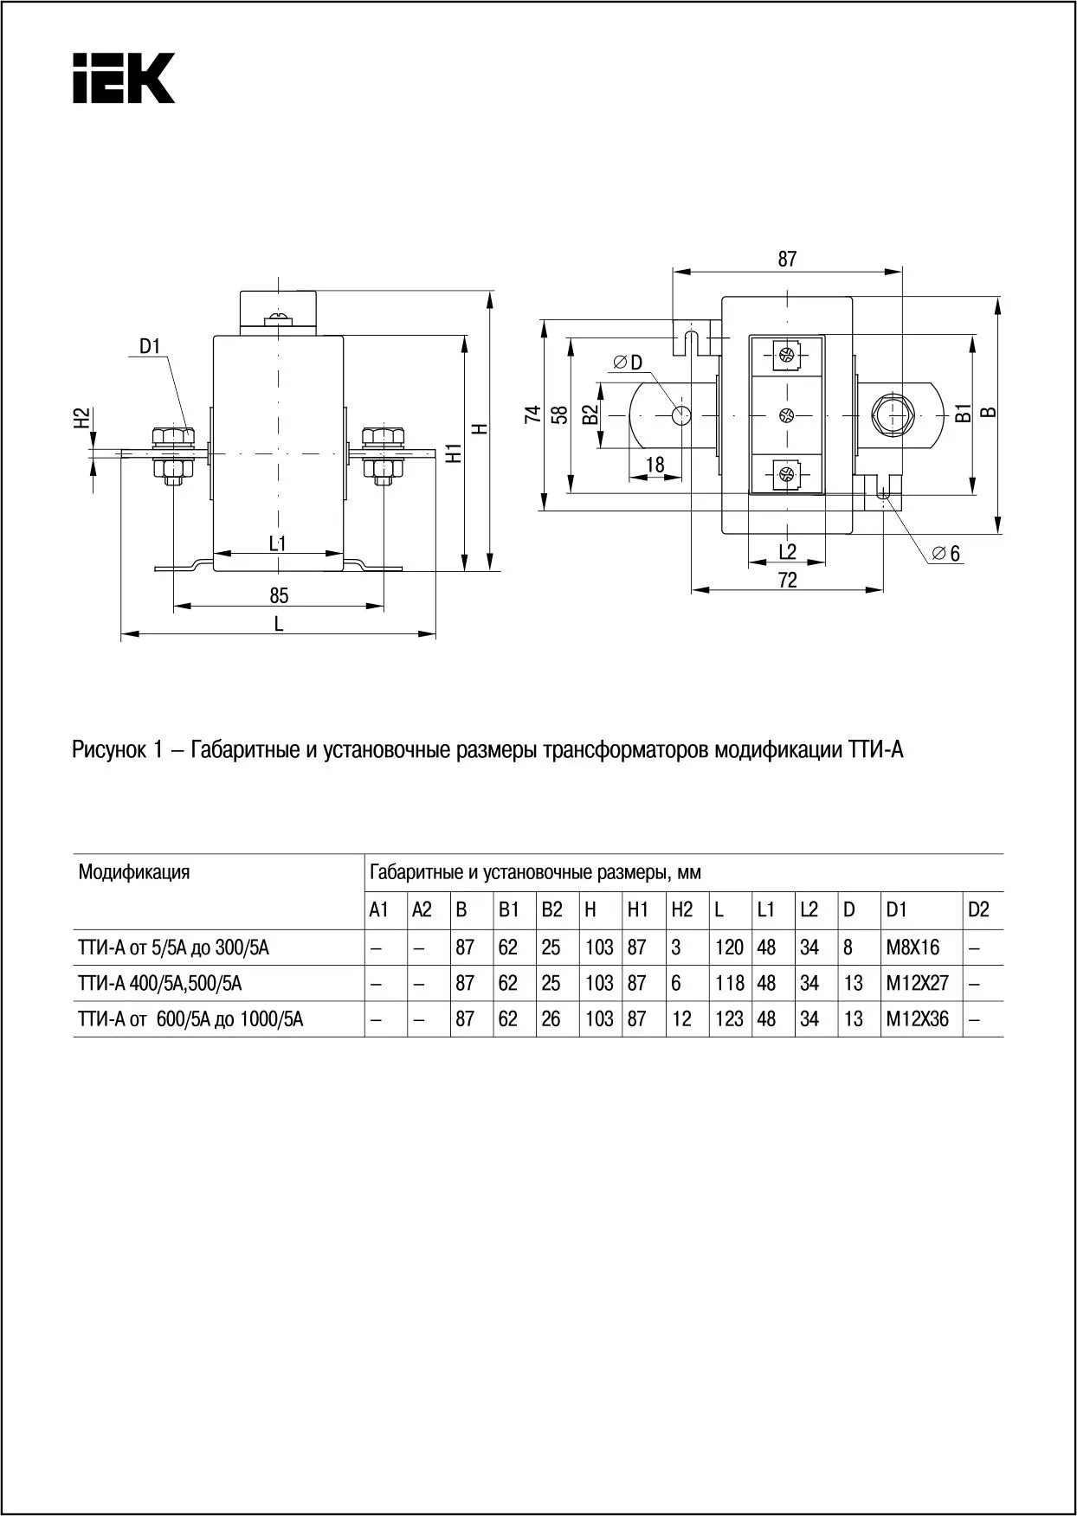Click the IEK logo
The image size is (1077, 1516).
pos(123,78)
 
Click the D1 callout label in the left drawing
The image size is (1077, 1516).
pos(151,347)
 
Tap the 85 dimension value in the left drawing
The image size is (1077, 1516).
pos(279,595)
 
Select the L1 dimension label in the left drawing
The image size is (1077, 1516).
pos(278,543)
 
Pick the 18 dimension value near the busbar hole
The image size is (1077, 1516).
pos(655,465)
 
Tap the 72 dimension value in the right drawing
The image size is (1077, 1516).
pos(787,581)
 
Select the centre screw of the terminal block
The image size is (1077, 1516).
pos(786,415)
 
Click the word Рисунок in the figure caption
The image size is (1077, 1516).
pos(107,749)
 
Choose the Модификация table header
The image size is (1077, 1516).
pos(134,871)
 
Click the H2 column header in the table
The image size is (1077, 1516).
pos(682,909)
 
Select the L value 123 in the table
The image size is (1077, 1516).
pos(729,1019)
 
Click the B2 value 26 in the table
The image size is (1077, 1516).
pos(551,1019)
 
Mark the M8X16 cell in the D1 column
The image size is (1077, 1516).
pos(913,947)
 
